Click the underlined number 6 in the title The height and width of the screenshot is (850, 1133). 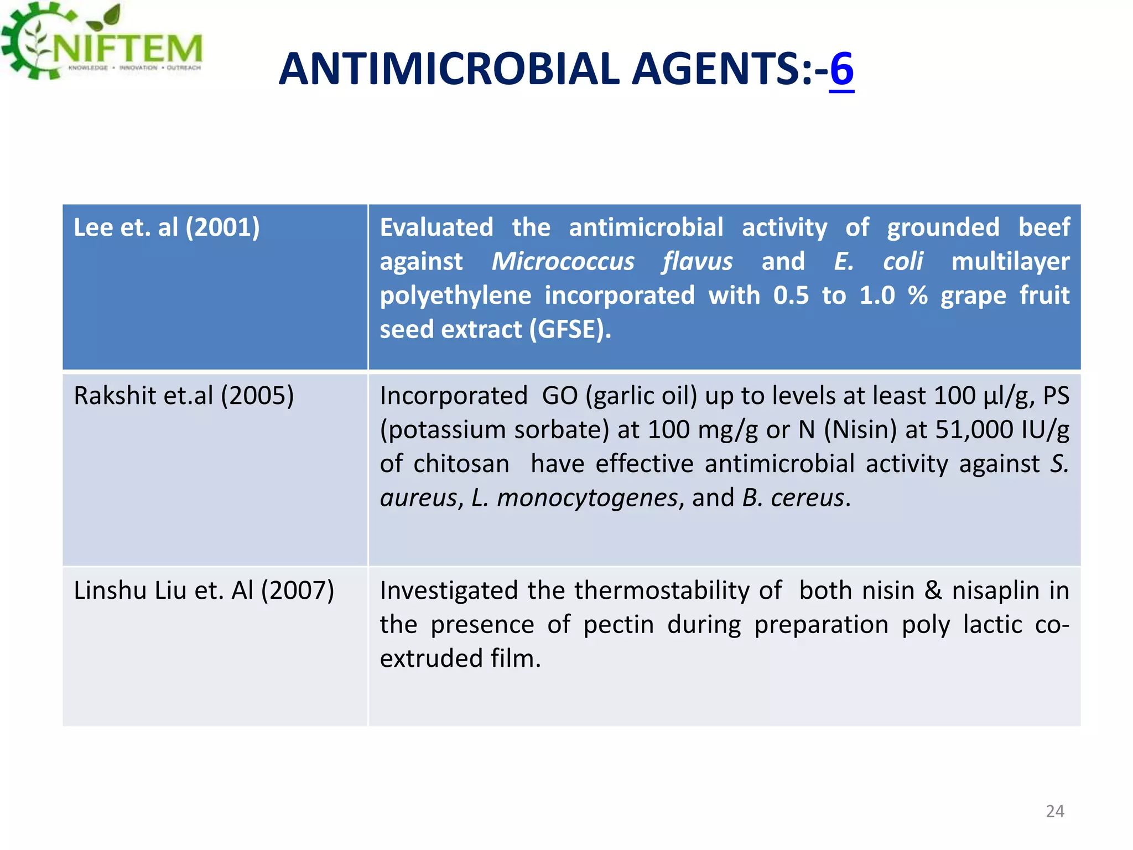click(x=841, y=69)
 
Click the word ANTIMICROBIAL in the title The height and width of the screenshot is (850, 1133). click(x=449, y=69)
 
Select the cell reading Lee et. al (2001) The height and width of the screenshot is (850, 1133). click(x=167, y=227)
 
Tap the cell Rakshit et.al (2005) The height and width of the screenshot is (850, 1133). click(x=184, y=396)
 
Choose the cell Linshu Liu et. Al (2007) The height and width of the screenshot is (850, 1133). click(x=204, y=590)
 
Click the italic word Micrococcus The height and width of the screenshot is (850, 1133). click(x=563, y=261)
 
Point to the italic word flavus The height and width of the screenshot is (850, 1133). click(x=697, y=261)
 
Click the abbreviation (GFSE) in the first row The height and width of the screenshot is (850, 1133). click(x=570, y=329)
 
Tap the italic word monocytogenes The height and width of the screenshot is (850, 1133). click(x=587, y=498)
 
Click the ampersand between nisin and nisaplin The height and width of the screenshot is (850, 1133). click(x=933, y=590)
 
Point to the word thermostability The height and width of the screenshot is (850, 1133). click(x=678, y=590)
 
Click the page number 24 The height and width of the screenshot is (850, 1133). click(x=1054, y=811)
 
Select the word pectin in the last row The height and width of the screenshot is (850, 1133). click(x=619, y=625)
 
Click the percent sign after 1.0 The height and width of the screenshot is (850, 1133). click(x=917, y=296)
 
